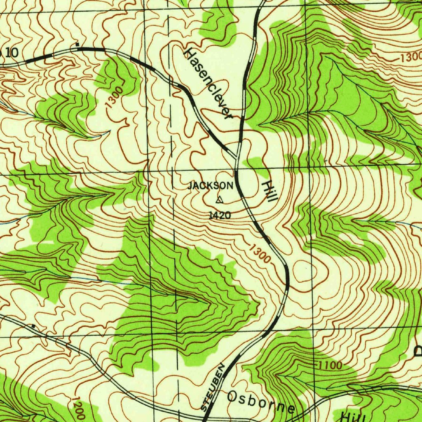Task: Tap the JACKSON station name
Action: click(211, 186)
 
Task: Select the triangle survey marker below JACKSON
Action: click(219, 200)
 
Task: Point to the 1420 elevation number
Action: click(220, 215)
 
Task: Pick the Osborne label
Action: click(261, 402)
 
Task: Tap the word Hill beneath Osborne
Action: click(353, 416)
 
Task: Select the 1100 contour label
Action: click(330, 365)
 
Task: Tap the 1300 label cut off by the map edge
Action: click(410, 58)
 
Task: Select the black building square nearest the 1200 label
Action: click(33, 326)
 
